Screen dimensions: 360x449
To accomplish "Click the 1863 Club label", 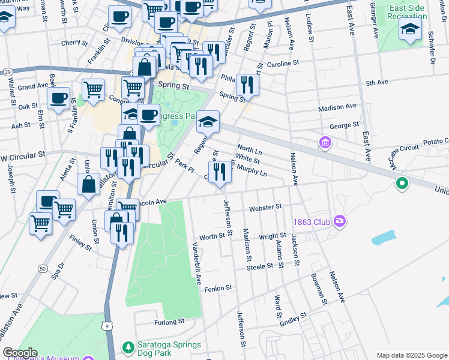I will coord(312,222).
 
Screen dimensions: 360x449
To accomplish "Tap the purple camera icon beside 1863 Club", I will coord(340,222).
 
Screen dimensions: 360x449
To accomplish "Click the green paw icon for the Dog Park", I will coord(127,347).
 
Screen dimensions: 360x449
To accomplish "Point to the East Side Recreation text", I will coord(407,11).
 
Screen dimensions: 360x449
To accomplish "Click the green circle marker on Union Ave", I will coord(402,184).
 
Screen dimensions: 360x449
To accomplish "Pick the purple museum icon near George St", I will coord(325,143).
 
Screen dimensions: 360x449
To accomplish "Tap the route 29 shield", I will coord(7,71).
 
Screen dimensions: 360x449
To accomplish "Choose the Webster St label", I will coord(265,207).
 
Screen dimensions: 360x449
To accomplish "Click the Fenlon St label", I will coord(218,289).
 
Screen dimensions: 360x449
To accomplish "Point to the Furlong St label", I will coord(169,322).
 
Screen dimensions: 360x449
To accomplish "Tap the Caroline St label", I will coord(283,63).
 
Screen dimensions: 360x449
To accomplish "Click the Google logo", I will coord(19,353).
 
